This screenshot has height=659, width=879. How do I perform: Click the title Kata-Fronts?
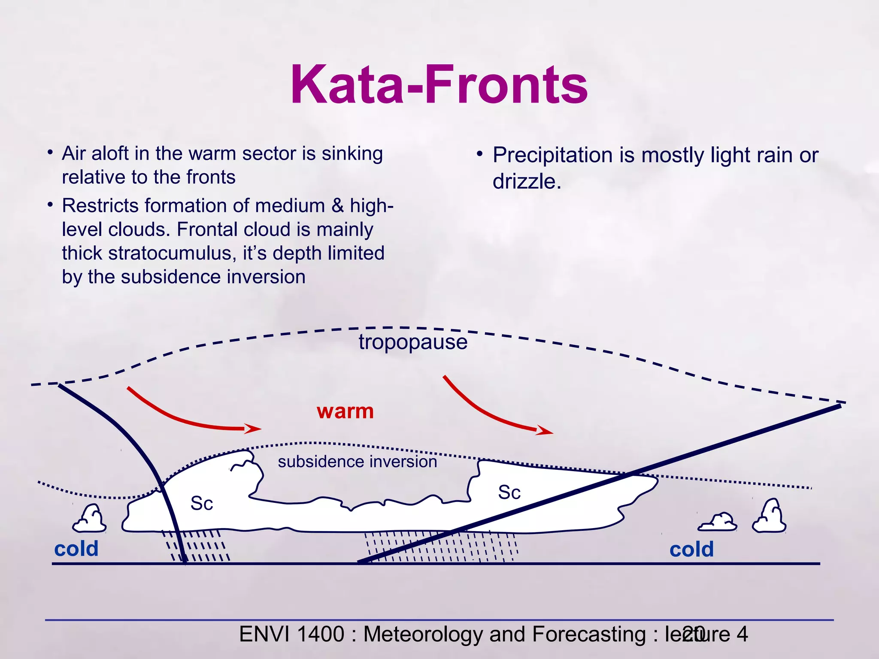tap(439, 85)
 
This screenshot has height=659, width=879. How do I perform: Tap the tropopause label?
tap(413, 342)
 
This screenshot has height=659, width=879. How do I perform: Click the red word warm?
tap(345, 411)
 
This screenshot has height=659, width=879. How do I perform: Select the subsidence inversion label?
tap(357, 462)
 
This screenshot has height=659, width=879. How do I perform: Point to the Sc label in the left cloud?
tap(202, 503)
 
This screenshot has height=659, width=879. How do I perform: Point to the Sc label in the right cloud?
tap(509, 492)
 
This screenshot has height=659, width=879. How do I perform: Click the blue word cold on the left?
tap(76, 549)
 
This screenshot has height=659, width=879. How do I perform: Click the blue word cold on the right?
tap(691, 549)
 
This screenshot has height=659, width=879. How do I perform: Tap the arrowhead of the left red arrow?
tap(253, 428)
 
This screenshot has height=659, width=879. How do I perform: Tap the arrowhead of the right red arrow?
tap(545, 431)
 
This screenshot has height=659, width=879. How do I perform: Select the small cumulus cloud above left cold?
tap(90, 520)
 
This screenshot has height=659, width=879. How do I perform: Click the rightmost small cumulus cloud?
tap(769, 517)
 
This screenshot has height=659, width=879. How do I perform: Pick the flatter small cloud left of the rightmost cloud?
tap(718, 523)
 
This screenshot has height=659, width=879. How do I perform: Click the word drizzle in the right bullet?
tap(526, 181)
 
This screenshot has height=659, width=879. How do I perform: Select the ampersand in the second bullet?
tap(337, 206)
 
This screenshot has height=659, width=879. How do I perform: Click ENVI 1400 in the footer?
tap(291, 634)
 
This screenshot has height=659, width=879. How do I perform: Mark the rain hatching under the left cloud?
tap(197, 546)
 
